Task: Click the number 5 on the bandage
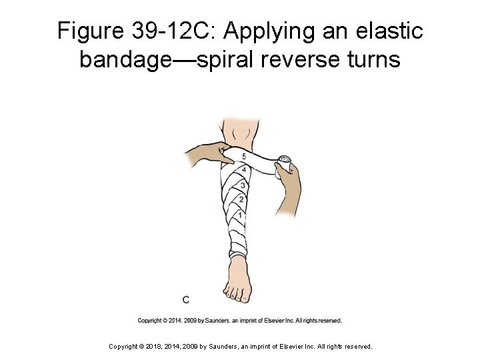click(244, 156)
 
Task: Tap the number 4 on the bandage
click(244, 169)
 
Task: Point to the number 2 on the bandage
click(241, 198)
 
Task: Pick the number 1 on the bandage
click(239, 214)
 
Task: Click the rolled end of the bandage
click(285, 161)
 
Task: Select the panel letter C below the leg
click(186, 299)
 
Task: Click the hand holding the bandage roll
click(288, 190)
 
